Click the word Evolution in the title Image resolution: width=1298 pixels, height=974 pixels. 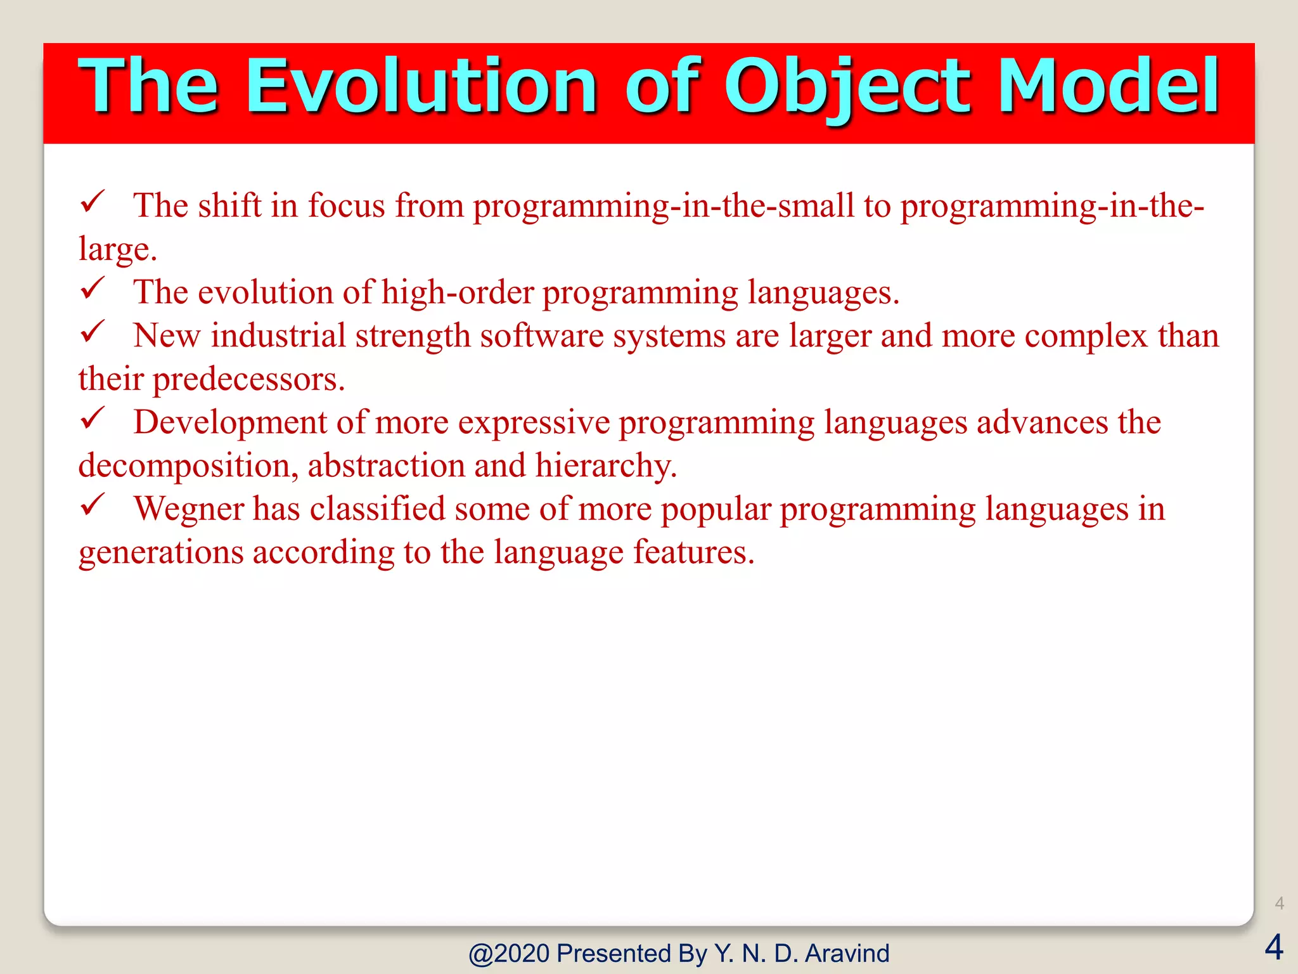click(x=421, y=86)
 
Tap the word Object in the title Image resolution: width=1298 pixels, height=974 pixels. click(x=846, y=86)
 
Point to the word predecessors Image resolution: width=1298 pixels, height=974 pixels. click(x=248, y=379)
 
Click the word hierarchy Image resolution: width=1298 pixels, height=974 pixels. click(x=606, y=466)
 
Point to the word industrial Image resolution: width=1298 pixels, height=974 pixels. click(x=278, y=336)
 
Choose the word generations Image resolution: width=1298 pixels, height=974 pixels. click(x=161, y=552)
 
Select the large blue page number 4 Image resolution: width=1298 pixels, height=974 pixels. click(x=1273, y=947)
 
